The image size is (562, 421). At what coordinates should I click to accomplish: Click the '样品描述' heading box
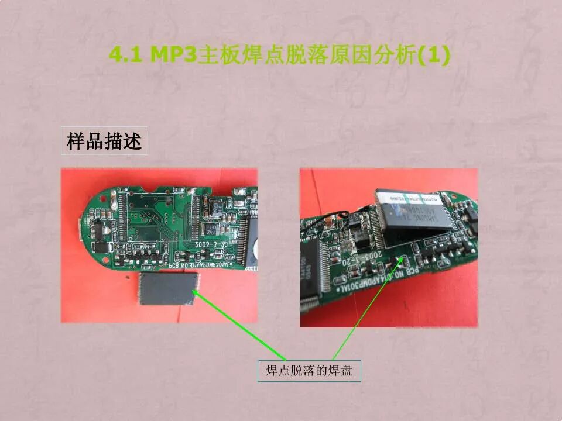coord(104,141)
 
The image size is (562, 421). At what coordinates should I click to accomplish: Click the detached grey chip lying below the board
coord(166,289)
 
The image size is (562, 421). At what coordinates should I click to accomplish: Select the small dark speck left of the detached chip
coord(127,273)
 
